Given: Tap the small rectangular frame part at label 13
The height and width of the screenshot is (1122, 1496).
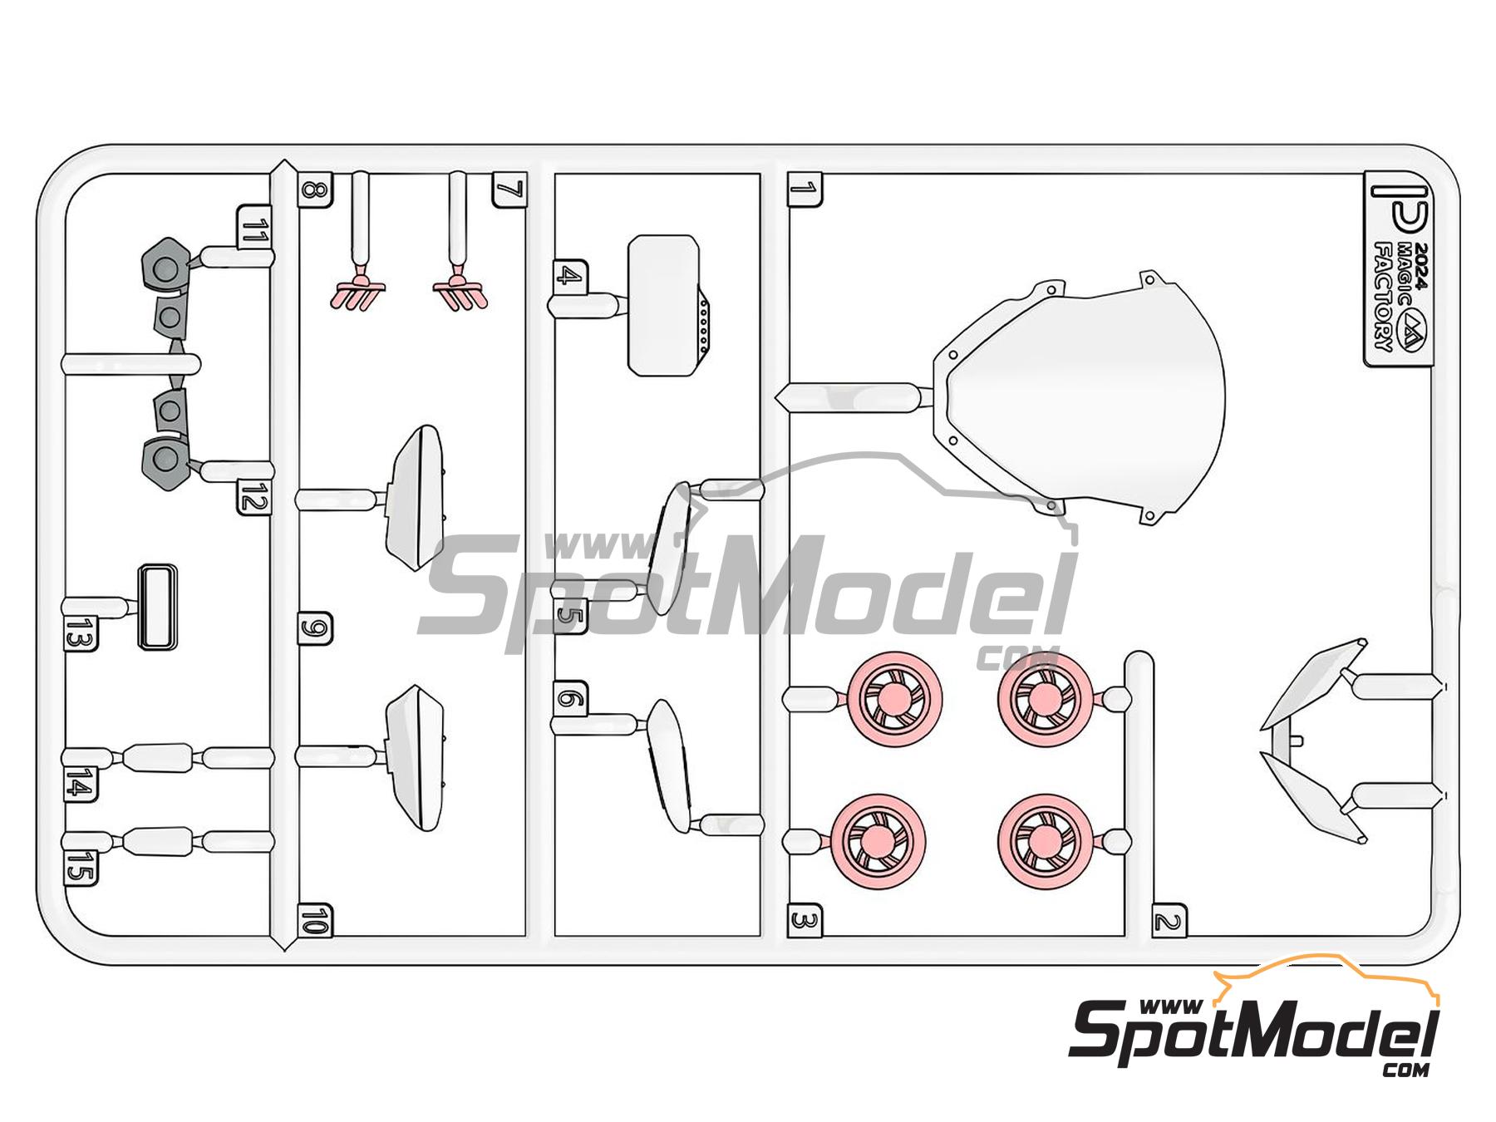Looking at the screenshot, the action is [x=157, y=608].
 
